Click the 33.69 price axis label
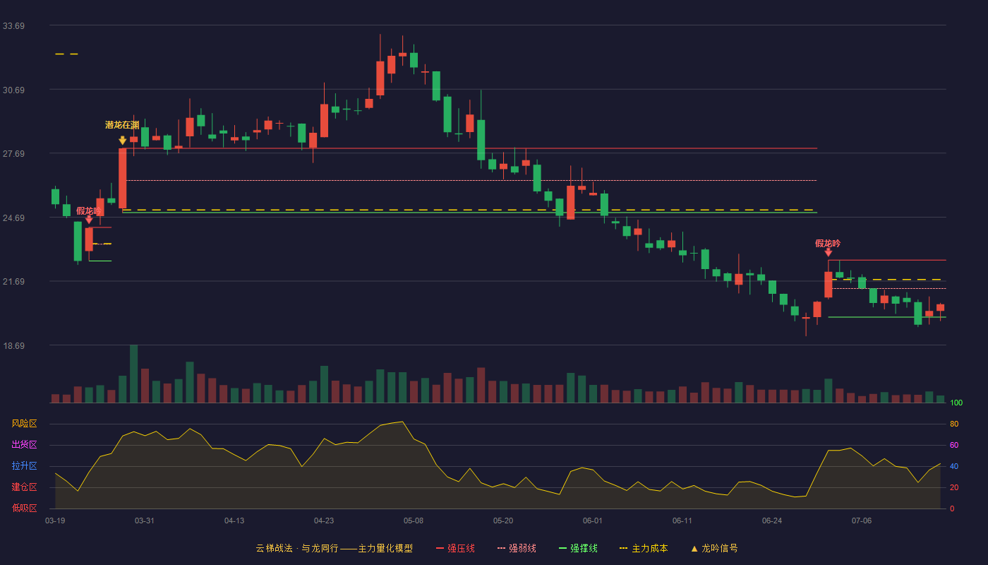(13, 26)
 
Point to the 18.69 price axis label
(13, 345)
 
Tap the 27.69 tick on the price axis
(13, 154)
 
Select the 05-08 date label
(414, 521)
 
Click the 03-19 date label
(55, 521)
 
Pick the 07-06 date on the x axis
(862, 521)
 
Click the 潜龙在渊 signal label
(122, 125)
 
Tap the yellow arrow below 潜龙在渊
(123, 141)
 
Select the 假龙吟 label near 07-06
(828, 243)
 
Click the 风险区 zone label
(24, 424)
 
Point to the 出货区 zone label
(24, 444)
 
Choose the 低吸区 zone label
(24, 508)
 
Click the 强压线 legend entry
(455, 548)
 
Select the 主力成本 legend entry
(644, 548)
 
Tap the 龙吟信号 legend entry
(714, 548)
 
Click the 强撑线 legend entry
(578, 548)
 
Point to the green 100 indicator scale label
(956, 403)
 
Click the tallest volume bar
(133, 374)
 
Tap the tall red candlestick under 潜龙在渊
(123, 178)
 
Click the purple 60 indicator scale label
(954, 445)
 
